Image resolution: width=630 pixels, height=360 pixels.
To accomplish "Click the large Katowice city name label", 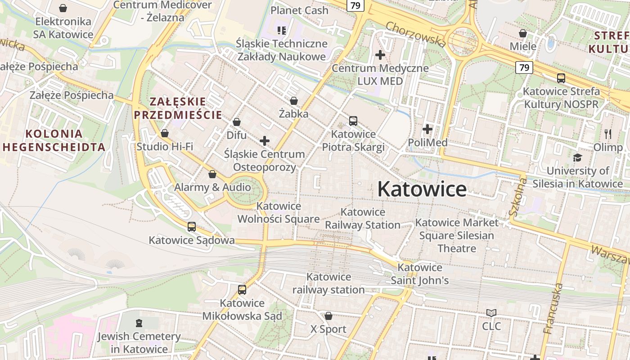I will (422, 189).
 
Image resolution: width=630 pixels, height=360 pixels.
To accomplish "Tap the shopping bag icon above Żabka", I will (294, 101).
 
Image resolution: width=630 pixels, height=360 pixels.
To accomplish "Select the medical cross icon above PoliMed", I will (427, 130).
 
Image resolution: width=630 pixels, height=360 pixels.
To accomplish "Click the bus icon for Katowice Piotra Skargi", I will (353, 121).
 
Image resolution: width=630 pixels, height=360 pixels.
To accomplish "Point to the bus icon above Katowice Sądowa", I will (192, 227).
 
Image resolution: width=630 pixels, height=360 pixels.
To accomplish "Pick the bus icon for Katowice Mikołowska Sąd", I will (242, 290).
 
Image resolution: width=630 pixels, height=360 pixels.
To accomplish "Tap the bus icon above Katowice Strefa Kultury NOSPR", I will (561, 78).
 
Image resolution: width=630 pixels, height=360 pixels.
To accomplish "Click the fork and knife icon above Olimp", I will (608, 134).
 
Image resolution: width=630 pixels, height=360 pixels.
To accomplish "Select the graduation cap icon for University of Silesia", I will (577, 157).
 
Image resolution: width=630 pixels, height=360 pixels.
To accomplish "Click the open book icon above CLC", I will (491, 313).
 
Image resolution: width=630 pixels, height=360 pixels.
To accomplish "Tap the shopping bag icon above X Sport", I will (328, 316).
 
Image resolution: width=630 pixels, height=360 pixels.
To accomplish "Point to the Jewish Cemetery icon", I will (139, 323).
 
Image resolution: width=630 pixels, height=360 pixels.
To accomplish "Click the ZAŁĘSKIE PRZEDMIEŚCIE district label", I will (178, 108).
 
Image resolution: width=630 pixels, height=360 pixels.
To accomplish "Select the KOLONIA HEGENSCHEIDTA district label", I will (54, 140).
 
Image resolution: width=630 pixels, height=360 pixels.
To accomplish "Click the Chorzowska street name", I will (416, 34).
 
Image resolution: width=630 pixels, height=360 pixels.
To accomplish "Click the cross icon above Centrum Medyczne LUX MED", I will (380, 55).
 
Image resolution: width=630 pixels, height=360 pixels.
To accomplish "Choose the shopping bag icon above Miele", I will (523, 33).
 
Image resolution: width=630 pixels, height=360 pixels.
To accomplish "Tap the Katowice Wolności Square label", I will (279, 212).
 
